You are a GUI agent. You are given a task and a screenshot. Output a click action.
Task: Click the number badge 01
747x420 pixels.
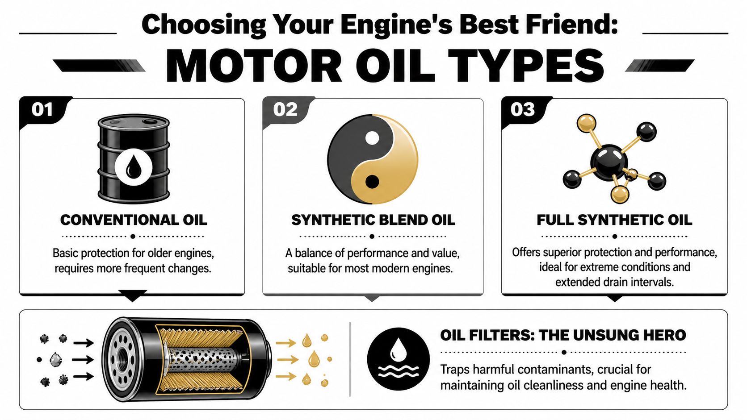(42, 109)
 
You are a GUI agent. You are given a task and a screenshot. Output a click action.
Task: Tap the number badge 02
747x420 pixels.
(285, 109)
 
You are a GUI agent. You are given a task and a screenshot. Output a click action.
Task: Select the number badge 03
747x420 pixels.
(522, 109)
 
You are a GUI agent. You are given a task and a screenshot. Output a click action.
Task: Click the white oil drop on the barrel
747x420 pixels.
(133, 167)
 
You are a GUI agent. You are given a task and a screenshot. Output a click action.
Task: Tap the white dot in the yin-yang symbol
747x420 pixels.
(372, 137)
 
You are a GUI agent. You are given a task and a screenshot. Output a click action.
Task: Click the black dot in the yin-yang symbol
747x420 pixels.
(372, 182)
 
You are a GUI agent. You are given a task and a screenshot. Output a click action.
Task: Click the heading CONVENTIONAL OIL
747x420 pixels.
(134, 220)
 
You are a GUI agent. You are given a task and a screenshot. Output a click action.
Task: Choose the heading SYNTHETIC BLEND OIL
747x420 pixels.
(373, 220)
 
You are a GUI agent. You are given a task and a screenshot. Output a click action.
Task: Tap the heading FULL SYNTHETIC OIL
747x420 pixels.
(614, 220)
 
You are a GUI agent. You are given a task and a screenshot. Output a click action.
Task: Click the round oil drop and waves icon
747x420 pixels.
(398, 359)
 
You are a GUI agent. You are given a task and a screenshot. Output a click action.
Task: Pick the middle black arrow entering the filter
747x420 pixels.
(83, 359)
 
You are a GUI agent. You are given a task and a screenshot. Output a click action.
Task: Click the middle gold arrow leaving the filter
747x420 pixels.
(286, 359)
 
